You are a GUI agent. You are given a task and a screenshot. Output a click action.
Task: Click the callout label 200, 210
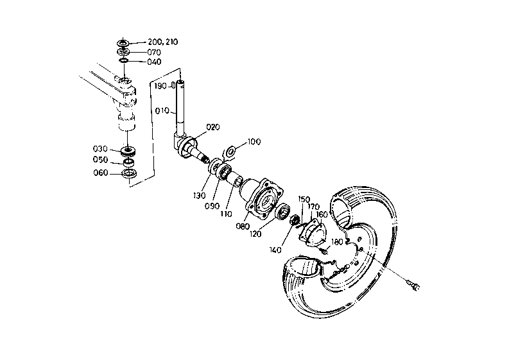(x=162, y=42)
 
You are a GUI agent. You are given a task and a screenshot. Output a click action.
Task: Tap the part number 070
(x=153, y=52)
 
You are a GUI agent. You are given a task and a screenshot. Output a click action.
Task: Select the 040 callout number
(x=153, y=62)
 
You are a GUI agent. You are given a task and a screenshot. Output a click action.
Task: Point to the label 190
(x=160, y=85)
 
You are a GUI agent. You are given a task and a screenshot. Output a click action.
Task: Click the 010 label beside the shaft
(x=161, y=110)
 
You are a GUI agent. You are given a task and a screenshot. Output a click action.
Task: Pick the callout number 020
(x=213, y=126)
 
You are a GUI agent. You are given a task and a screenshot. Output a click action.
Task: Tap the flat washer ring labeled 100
(x=232, y=152)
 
